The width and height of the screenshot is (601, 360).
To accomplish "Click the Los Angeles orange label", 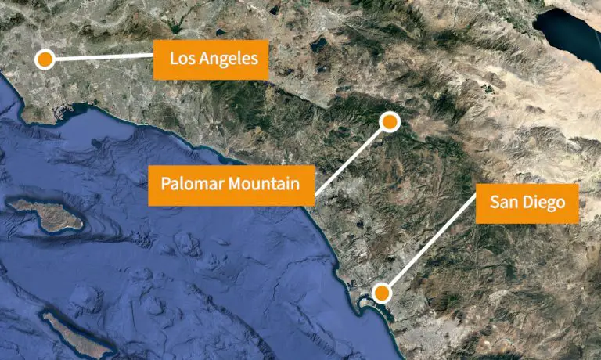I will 211,59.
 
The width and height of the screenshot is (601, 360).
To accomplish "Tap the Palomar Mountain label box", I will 231,185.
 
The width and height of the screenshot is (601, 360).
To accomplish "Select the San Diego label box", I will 527,203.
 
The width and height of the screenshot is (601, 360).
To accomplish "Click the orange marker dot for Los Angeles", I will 45,59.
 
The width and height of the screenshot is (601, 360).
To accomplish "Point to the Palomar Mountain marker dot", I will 390,121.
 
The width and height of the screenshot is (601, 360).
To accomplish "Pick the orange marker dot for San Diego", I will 381,293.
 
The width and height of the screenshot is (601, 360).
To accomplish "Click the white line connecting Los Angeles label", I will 102,57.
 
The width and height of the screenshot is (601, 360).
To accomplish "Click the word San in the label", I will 503,203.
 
